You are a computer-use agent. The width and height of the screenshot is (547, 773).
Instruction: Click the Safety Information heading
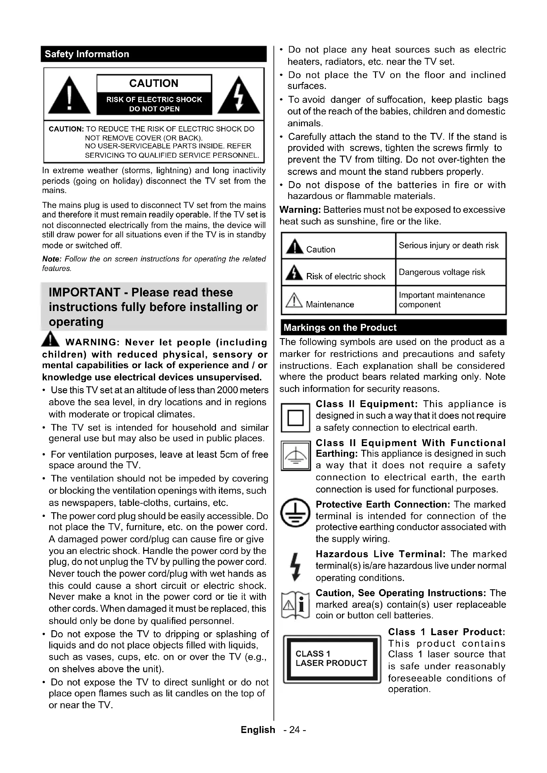click(87, 54)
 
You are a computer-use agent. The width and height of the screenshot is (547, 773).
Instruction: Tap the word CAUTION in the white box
click(154, 83)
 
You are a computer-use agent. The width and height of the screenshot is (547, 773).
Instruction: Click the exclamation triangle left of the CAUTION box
click(69, 96)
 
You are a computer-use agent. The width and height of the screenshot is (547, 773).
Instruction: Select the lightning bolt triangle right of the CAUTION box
click(238, 96)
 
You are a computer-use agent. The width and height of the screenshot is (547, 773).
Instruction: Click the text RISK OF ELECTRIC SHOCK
click(154, 100)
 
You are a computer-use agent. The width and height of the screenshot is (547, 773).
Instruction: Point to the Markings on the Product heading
click(340, 328)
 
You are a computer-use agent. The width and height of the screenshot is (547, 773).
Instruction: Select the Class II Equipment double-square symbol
click(295, 418)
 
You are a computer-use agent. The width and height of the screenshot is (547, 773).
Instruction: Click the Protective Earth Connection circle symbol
click(295, 513)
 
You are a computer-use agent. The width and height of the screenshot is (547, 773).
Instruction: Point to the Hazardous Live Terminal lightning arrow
click(295, 567)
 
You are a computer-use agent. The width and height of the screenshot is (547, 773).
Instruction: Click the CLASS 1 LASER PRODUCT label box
click(332, 659)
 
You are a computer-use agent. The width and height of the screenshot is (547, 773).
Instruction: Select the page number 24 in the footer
click(294, 730)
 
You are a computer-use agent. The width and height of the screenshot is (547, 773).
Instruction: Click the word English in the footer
click(258, 730)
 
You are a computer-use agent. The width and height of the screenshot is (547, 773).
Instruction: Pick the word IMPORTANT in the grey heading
click(84, 292)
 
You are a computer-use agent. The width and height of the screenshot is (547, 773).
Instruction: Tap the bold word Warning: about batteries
click(300, 210)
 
